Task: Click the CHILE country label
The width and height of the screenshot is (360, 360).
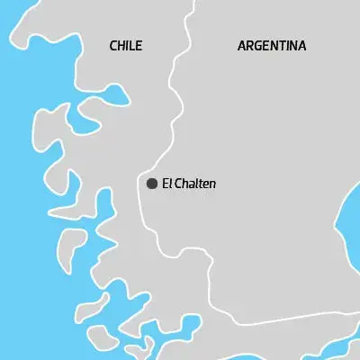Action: (125, 46)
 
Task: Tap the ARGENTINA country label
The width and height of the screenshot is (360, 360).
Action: (271, 45)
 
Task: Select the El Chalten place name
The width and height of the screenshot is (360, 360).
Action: (189, 184)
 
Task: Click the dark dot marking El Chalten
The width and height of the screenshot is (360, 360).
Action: (152, 184)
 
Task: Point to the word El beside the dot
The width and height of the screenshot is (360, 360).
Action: (166, 184)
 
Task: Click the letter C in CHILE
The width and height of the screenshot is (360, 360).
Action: (112, 46)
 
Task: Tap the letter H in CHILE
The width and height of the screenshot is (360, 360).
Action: (121, 46)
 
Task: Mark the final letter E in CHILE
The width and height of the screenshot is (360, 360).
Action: (138, 46)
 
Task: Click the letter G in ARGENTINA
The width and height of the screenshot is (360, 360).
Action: (258, 45)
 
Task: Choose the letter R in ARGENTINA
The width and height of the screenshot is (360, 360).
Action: (249, 45)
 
